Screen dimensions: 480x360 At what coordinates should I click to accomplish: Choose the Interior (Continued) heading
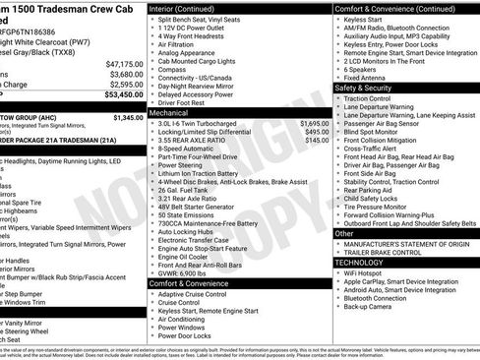[x=192, y=8]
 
